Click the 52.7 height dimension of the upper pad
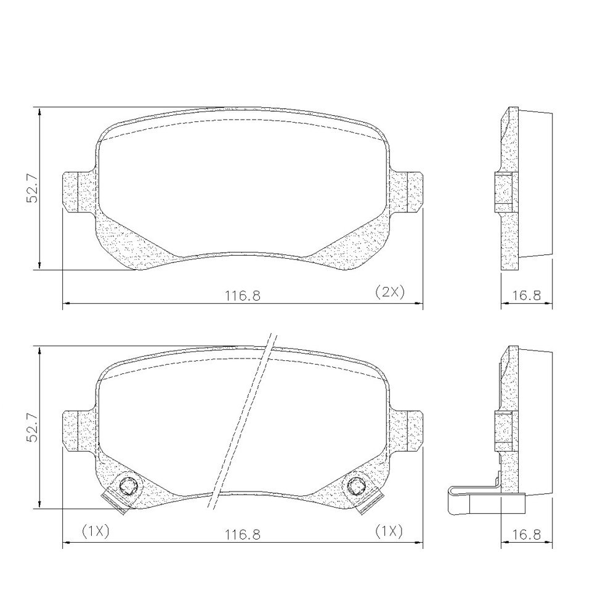(x=32, y=188)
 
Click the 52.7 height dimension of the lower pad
(x=32, y=428)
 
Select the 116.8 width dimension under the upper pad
(x=242, y=295)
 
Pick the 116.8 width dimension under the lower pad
(x=242, y=534)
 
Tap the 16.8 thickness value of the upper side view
(x=527, y=295)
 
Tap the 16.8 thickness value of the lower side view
(x=527, y=534)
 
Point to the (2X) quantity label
(x=389, y=292)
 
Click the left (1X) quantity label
(x=95, y=531)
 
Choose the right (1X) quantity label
(x=389, y=531)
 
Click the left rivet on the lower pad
(x=128, y=487)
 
